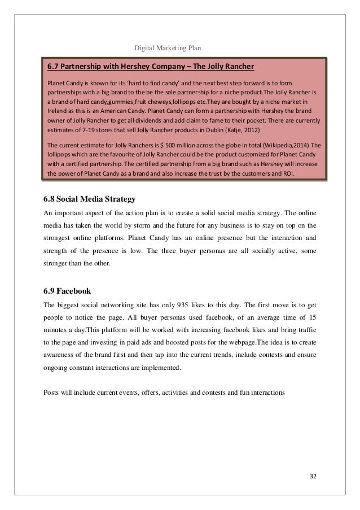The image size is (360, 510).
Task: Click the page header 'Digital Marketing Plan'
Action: pyautogui.click(x=169, y=47)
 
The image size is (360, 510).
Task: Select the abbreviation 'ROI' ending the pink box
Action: pyautogui.click(x=293, y=173)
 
